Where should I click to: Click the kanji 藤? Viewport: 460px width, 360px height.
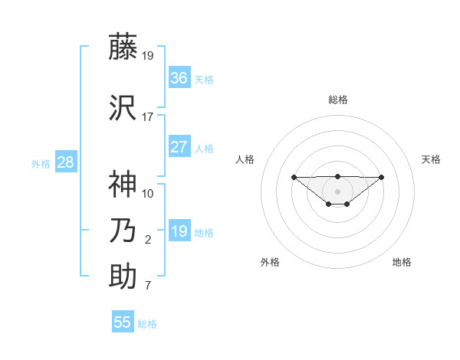click(123, 47)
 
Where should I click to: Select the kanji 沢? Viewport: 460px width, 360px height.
click(123, 108)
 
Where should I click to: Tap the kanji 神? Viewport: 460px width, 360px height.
click(123, 184)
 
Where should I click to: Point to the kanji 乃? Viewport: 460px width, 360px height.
click(123, 230)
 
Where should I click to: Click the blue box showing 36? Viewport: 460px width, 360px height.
click(179, 78)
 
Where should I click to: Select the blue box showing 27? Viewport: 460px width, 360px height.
click(179, 147)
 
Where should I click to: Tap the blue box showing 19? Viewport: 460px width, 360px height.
click(179, 231)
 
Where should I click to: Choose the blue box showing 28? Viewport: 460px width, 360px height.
click(64, 162)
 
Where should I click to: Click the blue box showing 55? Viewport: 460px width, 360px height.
click(123, 322)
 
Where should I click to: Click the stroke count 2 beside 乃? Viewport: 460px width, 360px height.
click(147, 240)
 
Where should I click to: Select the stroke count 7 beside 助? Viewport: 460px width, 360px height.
click(147, 286)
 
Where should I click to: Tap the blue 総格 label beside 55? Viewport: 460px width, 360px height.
click(147, 324)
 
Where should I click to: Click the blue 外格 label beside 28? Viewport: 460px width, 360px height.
click(41, 164)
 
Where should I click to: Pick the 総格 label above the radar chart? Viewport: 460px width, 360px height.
click(337, 100)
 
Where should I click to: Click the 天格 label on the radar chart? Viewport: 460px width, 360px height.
click(431, 159)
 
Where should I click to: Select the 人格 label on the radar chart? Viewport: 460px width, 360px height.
click(245, 159)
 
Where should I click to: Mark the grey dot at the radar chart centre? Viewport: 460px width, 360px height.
click(337, 191)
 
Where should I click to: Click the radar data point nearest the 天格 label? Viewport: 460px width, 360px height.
click(382, 177)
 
